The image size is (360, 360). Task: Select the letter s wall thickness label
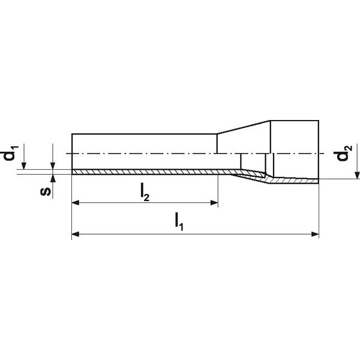click(x=45, y=191)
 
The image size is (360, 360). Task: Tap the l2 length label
click(x=145, y=194)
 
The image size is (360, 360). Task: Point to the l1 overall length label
click(x=179, y=222)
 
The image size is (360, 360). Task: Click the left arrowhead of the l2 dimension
click(x=76, y=203)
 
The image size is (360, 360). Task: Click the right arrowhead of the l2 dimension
click(x=214, y=203)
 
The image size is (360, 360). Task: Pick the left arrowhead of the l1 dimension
click(x=76, y=234)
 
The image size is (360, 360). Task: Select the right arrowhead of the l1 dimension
click(x=315, y=234)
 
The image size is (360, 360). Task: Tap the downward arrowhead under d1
click(x=23, y=166)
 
